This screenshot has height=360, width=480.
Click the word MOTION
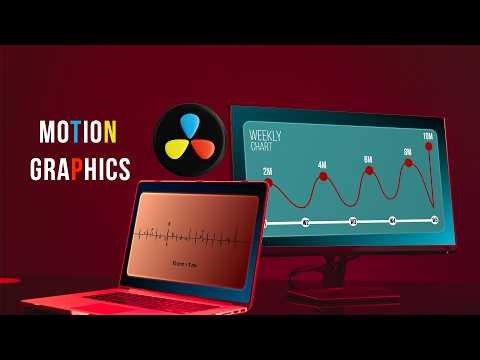[78, 131]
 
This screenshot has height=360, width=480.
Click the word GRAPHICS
[84, 168]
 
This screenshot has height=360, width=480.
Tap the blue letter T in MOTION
[79, 131]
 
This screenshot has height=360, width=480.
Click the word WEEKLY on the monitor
[265, 134]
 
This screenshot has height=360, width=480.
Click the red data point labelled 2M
[268, 182]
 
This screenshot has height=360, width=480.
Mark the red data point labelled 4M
[322, 176]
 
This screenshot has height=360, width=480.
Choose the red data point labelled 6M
[368, 171]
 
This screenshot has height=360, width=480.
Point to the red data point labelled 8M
[408, 163]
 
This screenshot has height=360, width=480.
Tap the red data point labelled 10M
[429, 147]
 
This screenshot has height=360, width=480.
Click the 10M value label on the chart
[428, 136]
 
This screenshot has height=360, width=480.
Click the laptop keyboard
[150, 296]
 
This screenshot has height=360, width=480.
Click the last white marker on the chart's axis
[434, 219]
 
